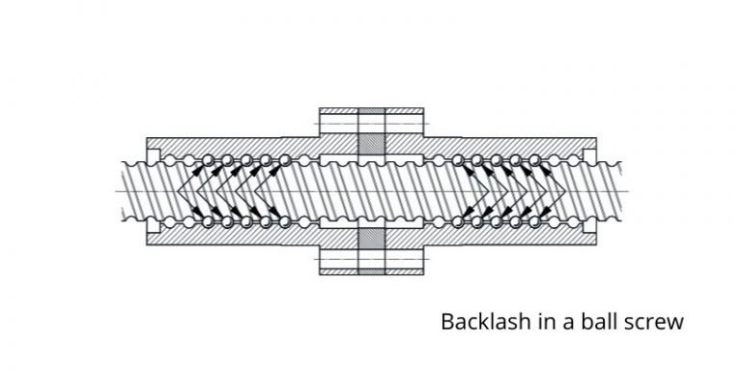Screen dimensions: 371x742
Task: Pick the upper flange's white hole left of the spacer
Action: tap(338, 123)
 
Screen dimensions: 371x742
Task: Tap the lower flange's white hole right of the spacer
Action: tap(405, 261)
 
